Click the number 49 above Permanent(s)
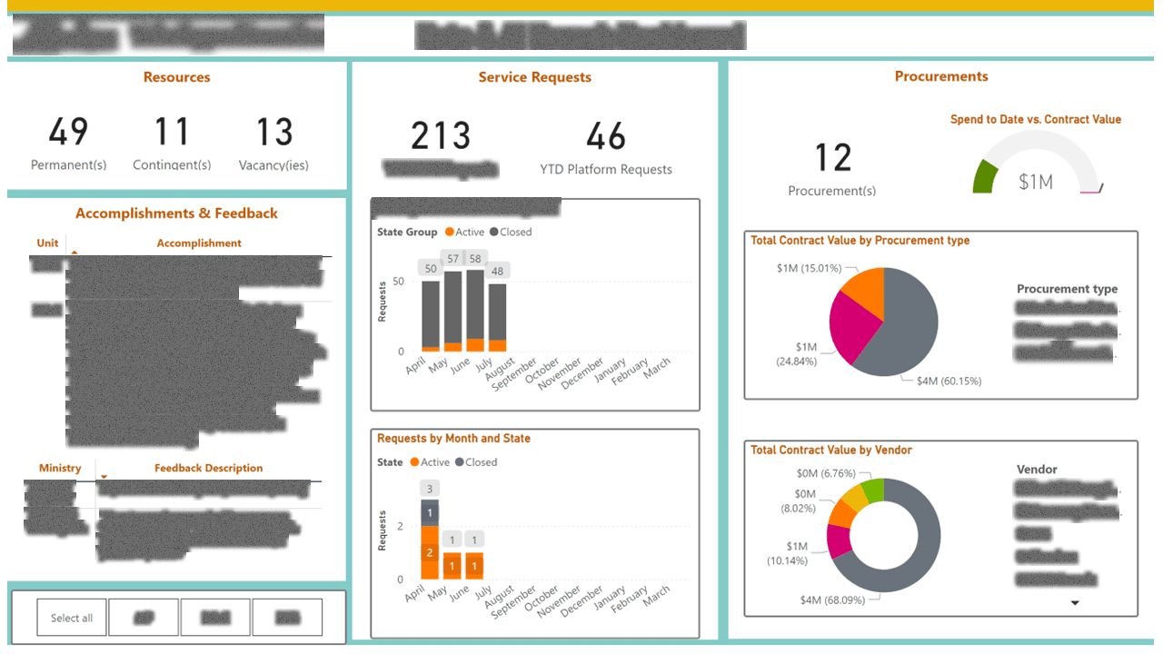(x=68, y=132)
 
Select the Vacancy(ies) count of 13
(x=273, y=132)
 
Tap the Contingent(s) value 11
(x=171, y=132)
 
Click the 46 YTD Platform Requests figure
(x=606, y=137)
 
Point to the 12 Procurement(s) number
(x=832, y=158)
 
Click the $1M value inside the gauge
(x=1035, y=182)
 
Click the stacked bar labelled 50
(x=431, y=313)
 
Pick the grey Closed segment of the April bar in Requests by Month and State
(x=430, y=512)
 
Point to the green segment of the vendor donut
(x=872, y=491)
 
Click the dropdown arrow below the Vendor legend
(x=1075, y=603)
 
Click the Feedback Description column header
(x=208, y=468)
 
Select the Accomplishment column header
(x=199, y=243)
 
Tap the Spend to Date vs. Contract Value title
(x=1035, y=120)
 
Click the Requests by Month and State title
(x=453, y=439)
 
